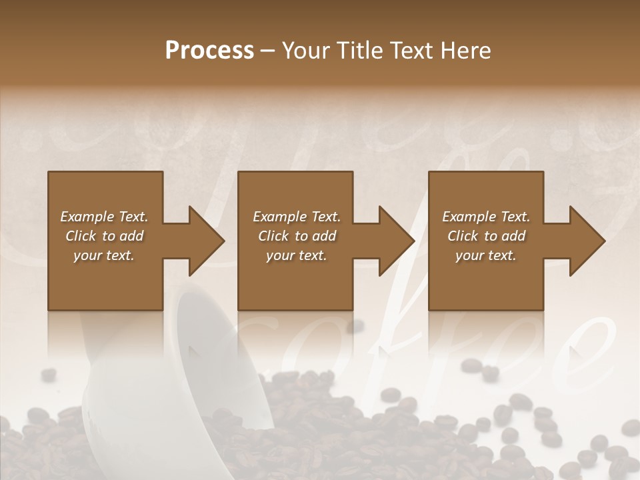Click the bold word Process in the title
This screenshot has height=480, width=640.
(x=209, y=51)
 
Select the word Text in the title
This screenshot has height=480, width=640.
(x=416, y=51)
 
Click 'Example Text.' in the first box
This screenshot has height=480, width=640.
(x=104, y=217)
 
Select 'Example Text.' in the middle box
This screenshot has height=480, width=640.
(x=296, y=217)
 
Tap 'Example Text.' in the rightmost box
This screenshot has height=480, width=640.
(x=486, y=217)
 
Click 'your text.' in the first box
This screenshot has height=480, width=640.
(x=104, y=255)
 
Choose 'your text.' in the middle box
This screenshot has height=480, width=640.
(x=296, y=255)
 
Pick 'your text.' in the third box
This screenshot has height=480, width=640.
(x=486, y=255)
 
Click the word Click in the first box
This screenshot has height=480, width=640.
(x=81, y=236)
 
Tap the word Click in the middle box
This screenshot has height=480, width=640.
(x=273, y=236)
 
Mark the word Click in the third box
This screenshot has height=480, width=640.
(x=463, y=236)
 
